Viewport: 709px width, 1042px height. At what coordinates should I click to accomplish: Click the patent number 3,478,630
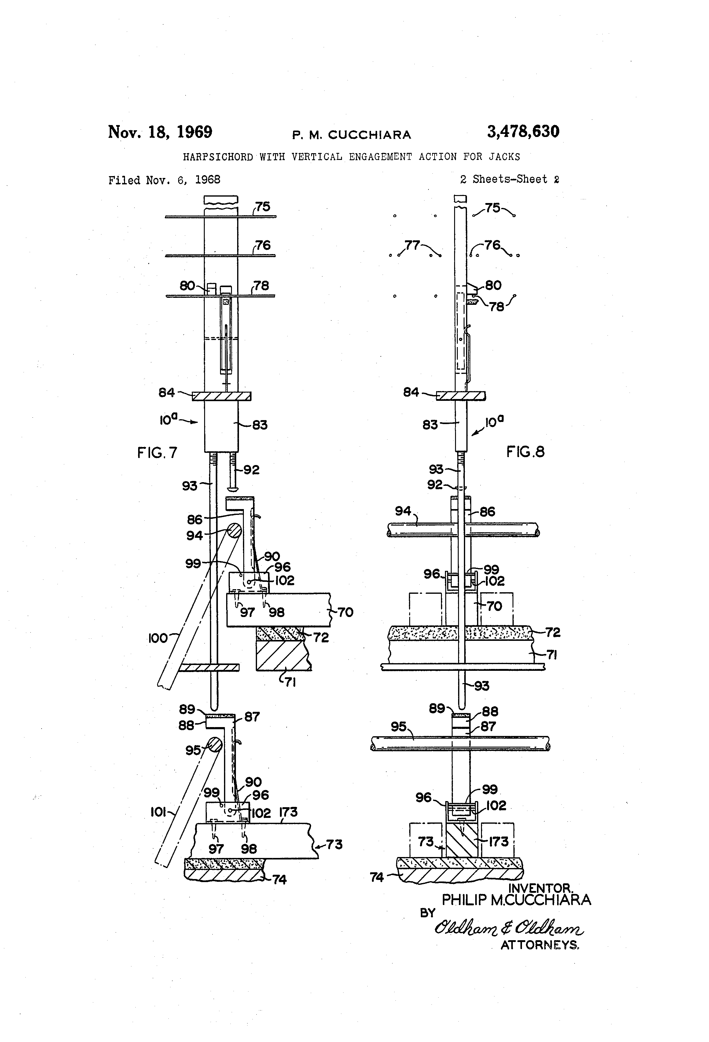523,132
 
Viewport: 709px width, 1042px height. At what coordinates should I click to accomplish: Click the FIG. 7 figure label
157,453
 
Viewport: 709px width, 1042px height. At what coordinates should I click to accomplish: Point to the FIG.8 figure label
525,452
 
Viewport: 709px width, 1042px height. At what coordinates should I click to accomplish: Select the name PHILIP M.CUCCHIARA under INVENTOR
516,900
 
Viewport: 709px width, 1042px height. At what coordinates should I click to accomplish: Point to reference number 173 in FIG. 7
288,812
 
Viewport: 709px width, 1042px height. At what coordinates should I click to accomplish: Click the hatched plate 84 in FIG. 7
221,396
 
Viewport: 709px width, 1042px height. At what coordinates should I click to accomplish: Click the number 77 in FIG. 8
412,245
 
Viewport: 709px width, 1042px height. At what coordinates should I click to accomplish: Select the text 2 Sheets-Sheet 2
509,179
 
